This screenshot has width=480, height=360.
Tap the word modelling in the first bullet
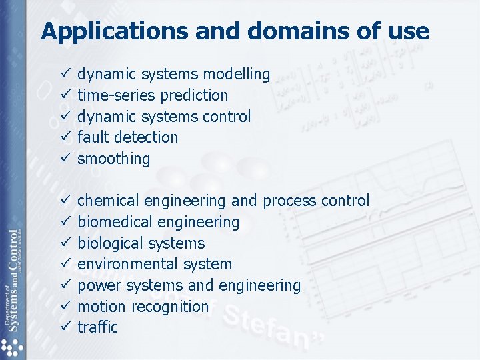tap(237, 74)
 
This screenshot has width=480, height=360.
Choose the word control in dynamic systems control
tap(227, 117)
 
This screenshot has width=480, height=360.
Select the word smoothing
tap(114, 159)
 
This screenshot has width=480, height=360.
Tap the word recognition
tap(170, 307)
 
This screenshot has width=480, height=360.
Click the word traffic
tap(97, 327)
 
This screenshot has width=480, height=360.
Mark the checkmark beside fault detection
tap(65, 137)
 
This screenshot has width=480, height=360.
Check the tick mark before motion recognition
tap(65, 307)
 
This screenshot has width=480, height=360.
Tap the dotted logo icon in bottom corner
tap(11, 347)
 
